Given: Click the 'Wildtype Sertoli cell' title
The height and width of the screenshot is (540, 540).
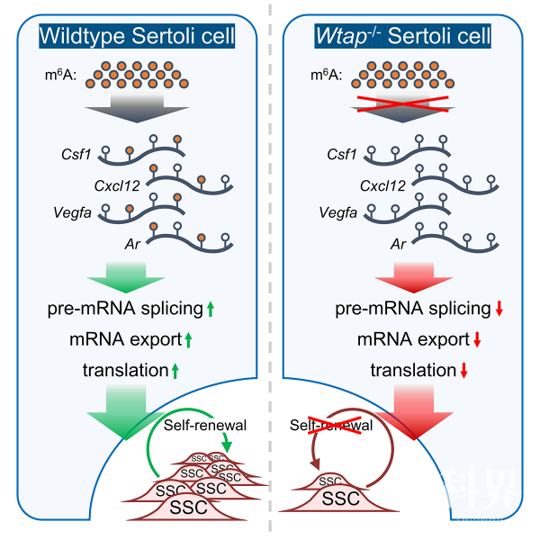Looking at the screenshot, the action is (137, 36).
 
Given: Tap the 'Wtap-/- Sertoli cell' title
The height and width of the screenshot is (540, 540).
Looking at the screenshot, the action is (402, 36).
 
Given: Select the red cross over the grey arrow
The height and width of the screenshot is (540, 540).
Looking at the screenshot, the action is (402, 104).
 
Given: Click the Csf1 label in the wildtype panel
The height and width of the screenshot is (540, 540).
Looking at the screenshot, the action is (76, 154).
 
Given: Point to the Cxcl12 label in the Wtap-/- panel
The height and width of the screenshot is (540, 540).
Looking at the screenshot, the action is (382, 186).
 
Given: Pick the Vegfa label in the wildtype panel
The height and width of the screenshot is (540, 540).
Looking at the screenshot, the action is (72, 212).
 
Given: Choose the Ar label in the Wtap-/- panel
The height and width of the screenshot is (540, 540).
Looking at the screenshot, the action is (398, 244).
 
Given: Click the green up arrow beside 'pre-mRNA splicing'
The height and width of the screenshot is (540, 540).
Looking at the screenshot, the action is (211, 309).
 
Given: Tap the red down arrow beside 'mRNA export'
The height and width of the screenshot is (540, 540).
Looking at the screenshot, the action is (477, 339).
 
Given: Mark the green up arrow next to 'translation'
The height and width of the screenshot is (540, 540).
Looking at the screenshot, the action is (175, 371).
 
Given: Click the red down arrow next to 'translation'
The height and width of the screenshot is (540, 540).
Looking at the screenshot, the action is (463, 371).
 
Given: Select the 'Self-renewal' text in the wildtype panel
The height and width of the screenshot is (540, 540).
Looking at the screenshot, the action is (205, 426).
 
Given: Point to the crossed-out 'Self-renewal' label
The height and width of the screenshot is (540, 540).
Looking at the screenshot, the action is (331, 426).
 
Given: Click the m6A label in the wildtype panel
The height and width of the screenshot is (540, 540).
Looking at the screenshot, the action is (60, 75).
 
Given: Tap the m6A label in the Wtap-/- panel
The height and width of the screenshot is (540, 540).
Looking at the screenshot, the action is (326, 75).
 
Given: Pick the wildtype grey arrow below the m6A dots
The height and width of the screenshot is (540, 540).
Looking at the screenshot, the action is (137, 107).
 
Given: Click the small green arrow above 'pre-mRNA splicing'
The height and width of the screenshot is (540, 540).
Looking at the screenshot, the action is (126, 277).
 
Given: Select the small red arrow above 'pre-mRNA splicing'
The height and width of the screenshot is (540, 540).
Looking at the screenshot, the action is (414, 277).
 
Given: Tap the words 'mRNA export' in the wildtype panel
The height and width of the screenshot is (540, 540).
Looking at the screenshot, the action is (125, 339).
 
